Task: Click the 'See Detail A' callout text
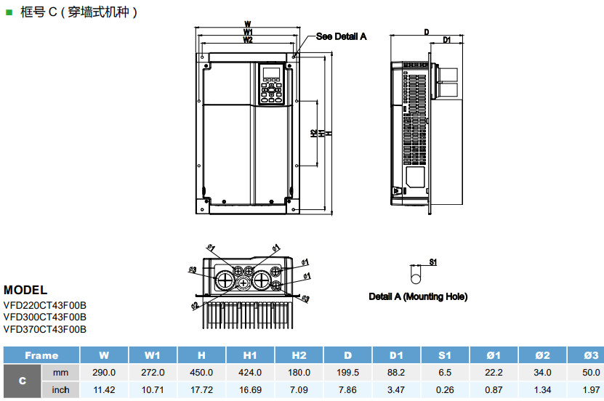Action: (341, 36)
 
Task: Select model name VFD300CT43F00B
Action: (45, 317)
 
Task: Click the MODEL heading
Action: (25, 290)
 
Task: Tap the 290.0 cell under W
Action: (104, 372)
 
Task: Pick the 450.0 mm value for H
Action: (201, 372)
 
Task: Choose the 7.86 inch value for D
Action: (347, 390)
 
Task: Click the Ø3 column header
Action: (591, 355)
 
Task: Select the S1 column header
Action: (445, 355)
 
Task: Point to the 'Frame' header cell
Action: (41, 355)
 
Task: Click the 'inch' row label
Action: (61, 390)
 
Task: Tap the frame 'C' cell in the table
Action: (23, 381)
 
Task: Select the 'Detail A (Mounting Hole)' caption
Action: (418, 296)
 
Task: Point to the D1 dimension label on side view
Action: (448, 39)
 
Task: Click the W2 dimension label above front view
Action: (248, 41)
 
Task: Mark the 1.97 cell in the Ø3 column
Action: (591, 390)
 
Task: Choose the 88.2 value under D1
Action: (396, 372)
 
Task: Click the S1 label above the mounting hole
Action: (432, 262)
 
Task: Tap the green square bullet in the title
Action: (9, 12)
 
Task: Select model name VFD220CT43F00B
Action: (45, 305)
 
